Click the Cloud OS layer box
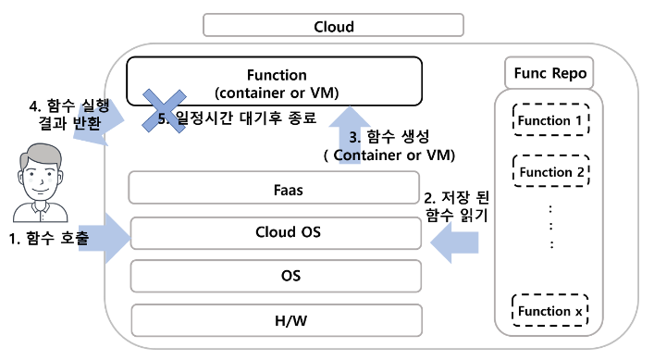coord(274,232)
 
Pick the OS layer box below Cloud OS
coord(274,276)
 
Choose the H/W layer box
coord(274,319)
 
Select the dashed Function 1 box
coord(550,120)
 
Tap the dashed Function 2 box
coord(550,172)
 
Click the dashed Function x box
coord(550,311)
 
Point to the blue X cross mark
coord(164,108)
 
